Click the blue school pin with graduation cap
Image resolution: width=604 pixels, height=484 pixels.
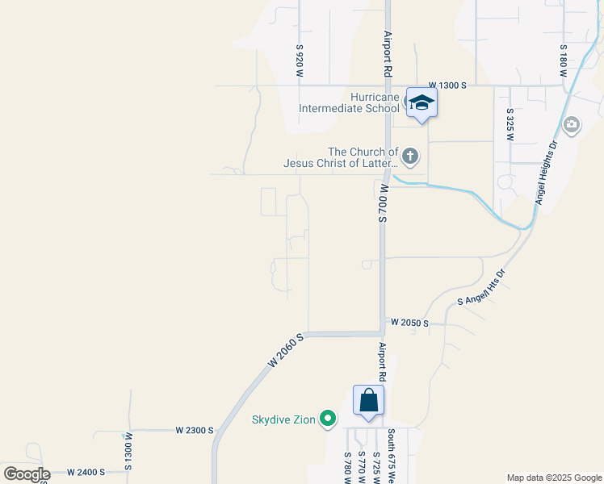[x=422, y=102]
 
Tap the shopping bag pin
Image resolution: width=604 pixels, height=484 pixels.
[x=368, y=401]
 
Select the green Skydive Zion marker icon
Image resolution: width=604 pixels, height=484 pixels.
[x=328, y=419]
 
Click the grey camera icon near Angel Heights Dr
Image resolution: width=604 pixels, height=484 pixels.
[x=572, y=124]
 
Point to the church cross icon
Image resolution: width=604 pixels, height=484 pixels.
[x=410, y=156]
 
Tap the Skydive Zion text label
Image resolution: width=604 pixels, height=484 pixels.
[x=283, y=419]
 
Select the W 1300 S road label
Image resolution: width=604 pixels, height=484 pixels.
[x=447, y=85]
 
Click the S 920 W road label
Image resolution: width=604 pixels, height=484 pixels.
[x=300, y=61]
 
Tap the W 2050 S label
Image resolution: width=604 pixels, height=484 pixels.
[x=409, y=322]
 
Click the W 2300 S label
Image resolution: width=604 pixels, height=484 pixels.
[x=195, y=431]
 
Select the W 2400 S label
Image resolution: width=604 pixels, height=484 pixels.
[x=86, y=471]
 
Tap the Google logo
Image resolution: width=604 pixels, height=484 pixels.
[x=27, y=474]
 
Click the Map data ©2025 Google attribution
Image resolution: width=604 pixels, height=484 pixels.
[x=553, y=478]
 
